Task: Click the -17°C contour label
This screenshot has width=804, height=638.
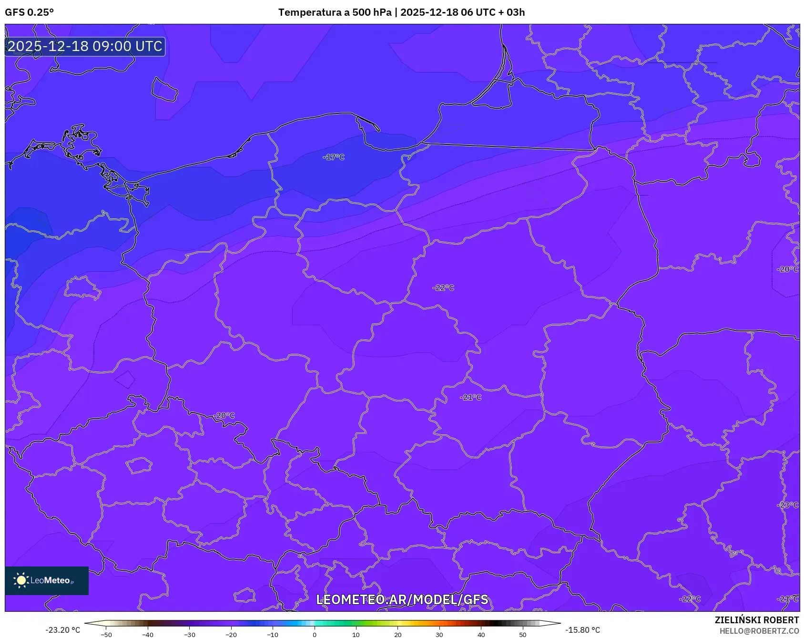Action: pyautogui.click(x=334, y=157)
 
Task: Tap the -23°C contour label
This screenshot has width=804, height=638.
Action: pyautogui.click(x=788, y=505)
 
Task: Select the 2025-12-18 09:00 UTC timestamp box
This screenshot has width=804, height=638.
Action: pyautogui.click(x=85, y=46)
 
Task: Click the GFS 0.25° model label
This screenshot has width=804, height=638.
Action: pyautogui.click(x=29, y=12)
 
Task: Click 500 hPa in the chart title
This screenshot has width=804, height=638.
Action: pyautogui.click(x=372, y=12)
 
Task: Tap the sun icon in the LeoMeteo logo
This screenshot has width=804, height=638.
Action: pyautogui.click(x=21, y=580)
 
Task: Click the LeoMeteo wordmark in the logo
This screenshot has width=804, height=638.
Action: pyautogui.click(x=50, y=580)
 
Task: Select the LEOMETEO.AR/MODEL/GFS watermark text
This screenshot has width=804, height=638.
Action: pyautogui.click(x=402, y=599)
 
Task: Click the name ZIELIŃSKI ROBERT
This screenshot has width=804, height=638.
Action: pyautogui.click(x=756, y=620)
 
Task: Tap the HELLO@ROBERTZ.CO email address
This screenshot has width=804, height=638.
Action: pyautogui.click(x=759, y=631)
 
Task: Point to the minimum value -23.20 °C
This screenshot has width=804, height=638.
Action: pyautogui.click(x=62, y=630)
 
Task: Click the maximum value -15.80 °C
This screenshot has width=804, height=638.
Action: pyautogui.click(x=582, y=630)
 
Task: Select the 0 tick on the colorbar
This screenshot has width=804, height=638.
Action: pyautogui.click(x=314, y=635)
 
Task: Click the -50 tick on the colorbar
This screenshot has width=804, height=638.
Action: pyautogui.click(x=106, y=635)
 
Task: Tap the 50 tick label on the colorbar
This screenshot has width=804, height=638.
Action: pyautogui.click(x=522, y=635)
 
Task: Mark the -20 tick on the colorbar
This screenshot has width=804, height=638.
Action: pyautogui.click(x=231, y=635)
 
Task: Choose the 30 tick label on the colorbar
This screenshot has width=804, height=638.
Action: pyautogui.click(x=439, y=635)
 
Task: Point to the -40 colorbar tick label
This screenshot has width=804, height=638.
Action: pyautogui.click(x=148, y=635)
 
